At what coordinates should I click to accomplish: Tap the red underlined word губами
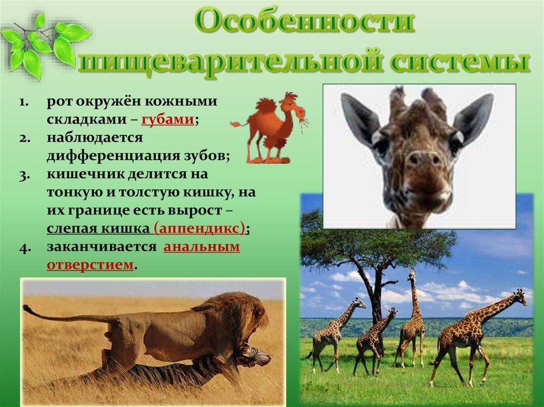tap(167, 119)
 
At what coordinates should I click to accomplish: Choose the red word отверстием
tap(90, 265)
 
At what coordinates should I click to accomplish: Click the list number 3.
tap(24, 175)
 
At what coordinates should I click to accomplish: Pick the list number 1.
tap(24, 102)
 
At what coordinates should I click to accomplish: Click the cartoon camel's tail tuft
tap(235, 124)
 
